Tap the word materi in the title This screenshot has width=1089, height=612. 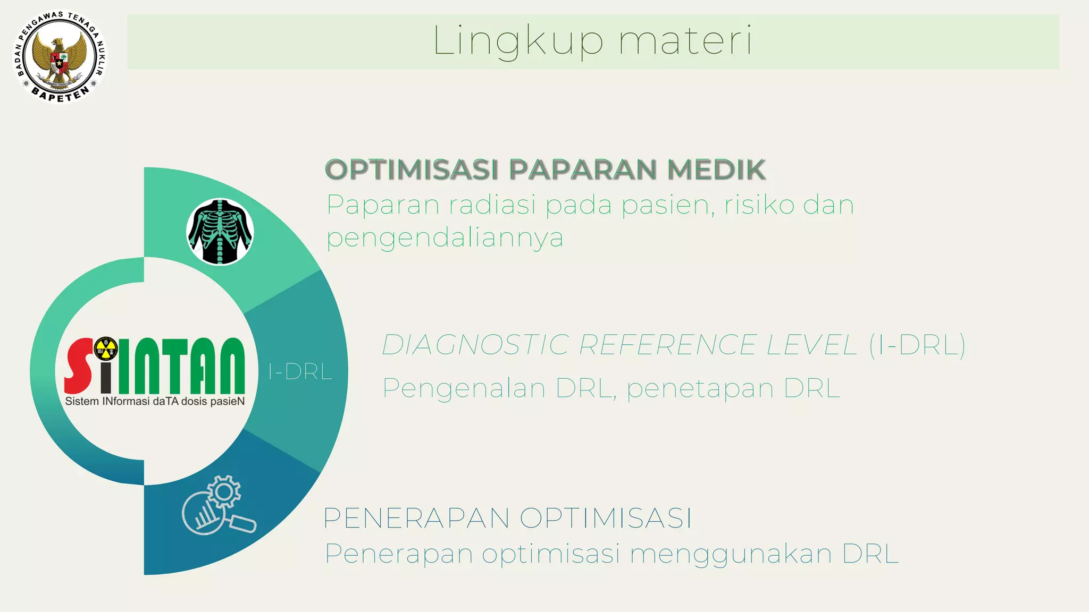(x=685, y=41)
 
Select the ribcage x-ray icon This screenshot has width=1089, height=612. (x=220, y=232)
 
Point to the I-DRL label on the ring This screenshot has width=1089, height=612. (x=300, y=372)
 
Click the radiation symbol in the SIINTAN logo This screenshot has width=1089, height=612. (x=106, y=348)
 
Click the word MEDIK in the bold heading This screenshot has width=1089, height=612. (x=716, y=170)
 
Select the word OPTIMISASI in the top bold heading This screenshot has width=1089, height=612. (x=412, y=170)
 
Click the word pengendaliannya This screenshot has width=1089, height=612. (x=445, y=238)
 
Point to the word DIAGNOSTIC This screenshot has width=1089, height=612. (x=475, y=345)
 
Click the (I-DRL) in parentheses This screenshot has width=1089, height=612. (x=917, y=345)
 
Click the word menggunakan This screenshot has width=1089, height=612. (x=731, y=554)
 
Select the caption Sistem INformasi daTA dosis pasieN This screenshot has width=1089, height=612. (x=155, y=402)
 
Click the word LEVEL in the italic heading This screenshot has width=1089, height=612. (x=811, y=345)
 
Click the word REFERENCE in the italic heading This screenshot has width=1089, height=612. (x=667, y=345)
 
